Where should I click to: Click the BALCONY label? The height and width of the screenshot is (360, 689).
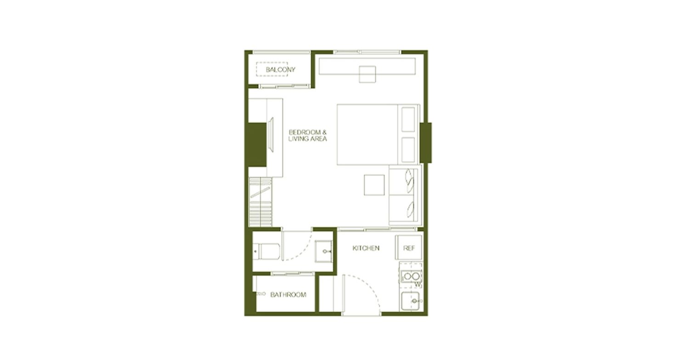tap(281, 70)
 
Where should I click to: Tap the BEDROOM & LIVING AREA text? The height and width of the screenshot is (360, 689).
tap(308, 135)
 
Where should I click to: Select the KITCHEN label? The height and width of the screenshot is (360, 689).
tap(366, 248)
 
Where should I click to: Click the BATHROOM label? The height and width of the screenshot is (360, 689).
tap(288, 295)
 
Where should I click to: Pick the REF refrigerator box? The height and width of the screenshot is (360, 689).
tap(409, 248)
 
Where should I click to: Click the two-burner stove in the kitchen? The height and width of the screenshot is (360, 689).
tap(411, 276)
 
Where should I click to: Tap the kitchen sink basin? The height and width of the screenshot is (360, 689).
tap(410, 301)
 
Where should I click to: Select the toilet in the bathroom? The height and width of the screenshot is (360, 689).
tap(266, 252)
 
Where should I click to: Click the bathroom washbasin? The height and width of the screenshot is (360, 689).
tap(323, 252)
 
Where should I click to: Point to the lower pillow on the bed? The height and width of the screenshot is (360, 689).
tap(408, 150)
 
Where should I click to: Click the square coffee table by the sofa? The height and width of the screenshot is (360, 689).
tap(374, 185)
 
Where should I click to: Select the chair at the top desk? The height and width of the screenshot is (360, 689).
tap(367, 74)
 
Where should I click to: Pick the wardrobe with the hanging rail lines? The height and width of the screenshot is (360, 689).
tap(260, 202)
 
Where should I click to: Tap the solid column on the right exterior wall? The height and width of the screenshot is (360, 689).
tap(426, 143)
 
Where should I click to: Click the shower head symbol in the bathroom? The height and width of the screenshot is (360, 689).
tap(260, 294)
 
